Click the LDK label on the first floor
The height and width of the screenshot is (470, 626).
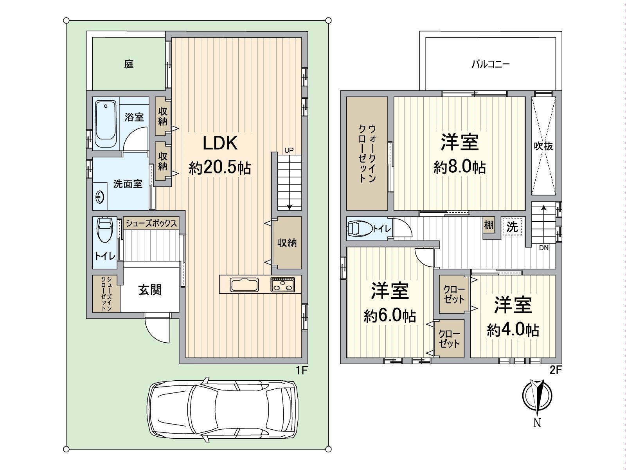point(220,143)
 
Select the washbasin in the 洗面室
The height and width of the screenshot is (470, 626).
point(99,197)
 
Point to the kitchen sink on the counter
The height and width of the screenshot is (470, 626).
point(244,284)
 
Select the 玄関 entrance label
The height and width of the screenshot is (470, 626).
point(150,290)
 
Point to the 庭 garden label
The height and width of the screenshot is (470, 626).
point(129,64)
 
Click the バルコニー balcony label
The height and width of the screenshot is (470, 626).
point(490,64)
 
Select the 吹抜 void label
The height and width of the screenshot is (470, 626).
point(544,146)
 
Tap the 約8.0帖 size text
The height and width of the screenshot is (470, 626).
point(459,168)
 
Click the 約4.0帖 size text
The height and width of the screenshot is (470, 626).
point(513,331)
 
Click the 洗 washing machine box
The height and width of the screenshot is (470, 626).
point(512,226)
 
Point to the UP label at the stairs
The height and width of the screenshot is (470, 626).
point(289,150)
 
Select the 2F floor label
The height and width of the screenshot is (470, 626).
point(556,370)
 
